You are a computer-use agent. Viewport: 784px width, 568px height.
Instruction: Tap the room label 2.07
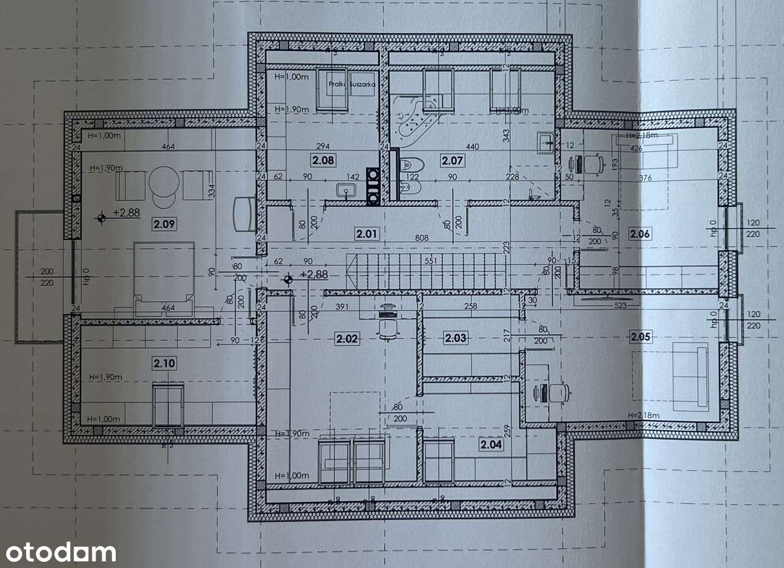click(453, 161)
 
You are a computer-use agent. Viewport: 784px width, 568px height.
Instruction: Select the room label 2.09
click(165, 224)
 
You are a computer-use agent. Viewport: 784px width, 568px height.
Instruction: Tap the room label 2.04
click(492, 445)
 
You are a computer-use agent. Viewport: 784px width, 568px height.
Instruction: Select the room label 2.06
click(639, 233)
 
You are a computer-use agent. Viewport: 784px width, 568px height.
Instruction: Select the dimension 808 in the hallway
click(421, 238)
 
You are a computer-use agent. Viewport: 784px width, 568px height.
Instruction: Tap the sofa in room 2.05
click(690, 375)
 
